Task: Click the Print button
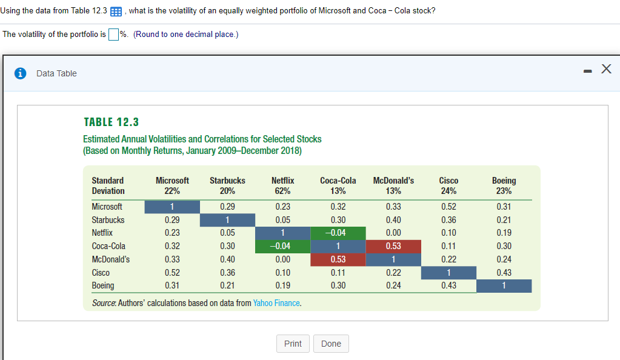pyautogui.click(x=293, y=344)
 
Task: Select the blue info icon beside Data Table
pyautogui.click(x=21, y=73)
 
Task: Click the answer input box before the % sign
pyautogui.click(x=113, y=34)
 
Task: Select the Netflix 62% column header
pyautogui.click(x=282, y=185)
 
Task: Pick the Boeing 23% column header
pyautogui.click(x=504, y=185)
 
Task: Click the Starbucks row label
pyautogui.click(x=108, y=220)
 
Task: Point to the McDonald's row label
pyautogui.click(x=110, y=259)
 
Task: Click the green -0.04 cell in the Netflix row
pyautogui.click(x=338, y=233)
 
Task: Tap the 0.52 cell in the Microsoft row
pyautogui.click(x=448, y=207)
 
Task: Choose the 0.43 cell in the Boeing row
pyautogui.click(x=448, y=285)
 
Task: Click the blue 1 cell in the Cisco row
pyautogui.click(x=448, y=273)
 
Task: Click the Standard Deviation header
pyautogui.click(x=108, y=185)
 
